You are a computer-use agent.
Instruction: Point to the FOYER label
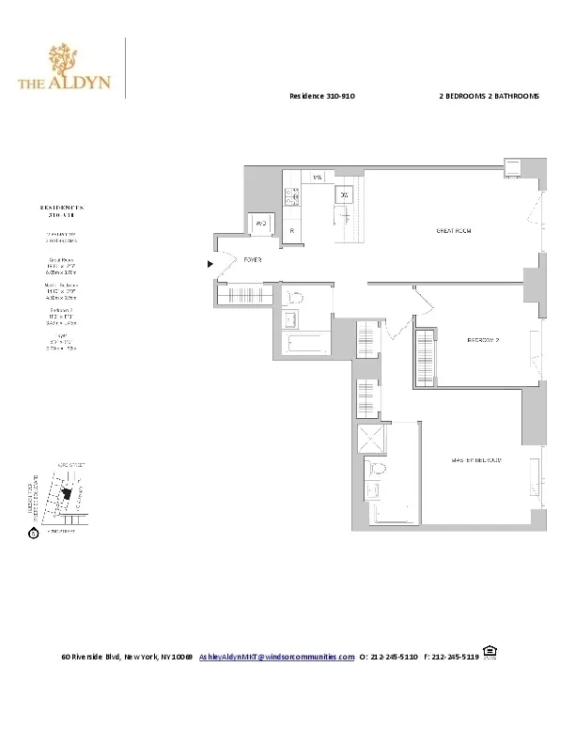253,258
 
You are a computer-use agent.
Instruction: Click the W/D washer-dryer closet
261,225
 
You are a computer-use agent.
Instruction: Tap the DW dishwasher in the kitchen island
345,194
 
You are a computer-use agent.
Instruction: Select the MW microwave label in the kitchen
318,177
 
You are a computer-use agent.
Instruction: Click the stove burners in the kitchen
292,196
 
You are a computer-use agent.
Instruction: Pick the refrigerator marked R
293,230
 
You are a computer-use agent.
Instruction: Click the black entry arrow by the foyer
210,265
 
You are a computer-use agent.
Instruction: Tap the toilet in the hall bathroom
294,300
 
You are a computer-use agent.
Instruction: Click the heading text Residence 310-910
321,97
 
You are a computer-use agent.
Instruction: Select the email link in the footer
277,657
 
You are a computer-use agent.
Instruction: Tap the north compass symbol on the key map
34,534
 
